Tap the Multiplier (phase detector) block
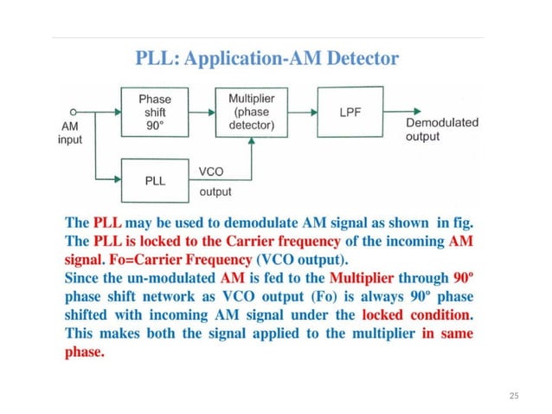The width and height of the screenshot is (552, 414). click(x=251, y=111)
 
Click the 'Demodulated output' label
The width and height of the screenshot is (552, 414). click(x=441, y=130)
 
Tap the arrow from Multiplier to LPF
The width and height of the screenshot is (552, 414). click(x=302, y=111)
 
